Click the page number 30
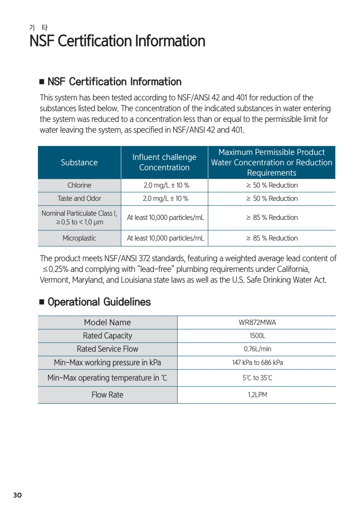(x=17, y=495)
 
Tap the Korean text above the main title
(x=39, y=28)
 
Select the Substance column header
(x=79, y=162)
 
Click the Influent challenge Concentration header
(x=164, y=162)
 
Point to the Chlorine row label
(x=79, y=185)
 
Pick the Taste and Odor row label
(x=79, y=198)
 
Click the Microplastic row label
(x=79, y=238)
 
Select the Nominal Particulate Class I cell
(x=79, y=218)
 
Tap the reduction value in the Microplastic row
(x=272, y=238)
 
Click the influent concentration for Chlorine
(x=164, y=185)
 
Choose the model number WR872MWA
(x=256, y=323)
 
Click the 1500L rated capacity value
(x=256, y=336)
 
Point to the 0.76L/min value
(x=256, y=349)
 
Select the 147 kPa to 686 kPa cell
(x=256, y=363)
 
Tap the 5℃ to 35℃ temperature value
(x=256, y=378)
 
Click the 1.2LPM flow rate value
(x=256, y=395)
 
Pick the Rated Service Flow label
(x=107, y=349)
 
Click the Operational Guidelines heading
(x=99, y=302)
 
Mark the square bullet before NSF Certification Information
(x=42, y=82)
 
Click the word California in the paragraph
(x=291, y=269)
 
